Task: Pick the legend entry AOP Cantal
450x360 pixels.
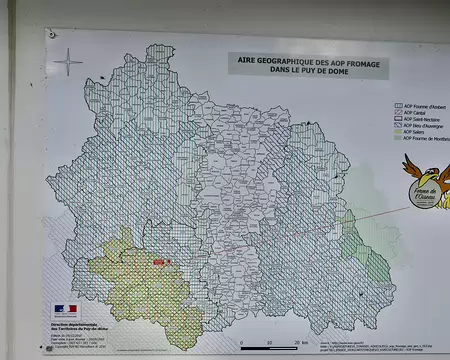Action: [416, 113]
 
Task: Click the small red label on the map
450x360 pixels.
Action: [160, 261]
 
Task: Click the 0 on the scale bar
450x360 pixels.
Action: [243, 344]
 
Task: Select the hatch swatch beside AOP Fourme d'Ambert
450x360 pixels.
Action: [398, 104]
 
